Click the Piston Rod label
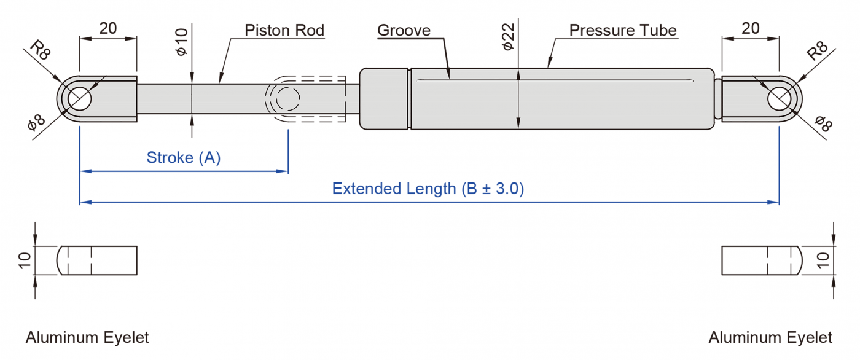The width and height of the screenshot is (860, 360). coord(284,30)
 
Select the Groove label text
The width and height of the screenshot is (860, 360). coord(404,30)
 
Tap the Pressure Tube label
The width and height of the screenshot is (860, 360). coord(622,30)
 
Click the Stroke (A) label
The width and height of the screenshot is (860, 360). coord(183,158)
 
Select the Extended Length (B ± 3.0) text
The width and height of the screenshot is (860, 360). coord(428,189)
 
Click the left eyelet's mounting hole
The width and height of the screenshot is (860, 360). coord(79,99)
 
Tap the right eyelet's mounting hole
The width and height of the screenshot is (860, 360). coord(779,98)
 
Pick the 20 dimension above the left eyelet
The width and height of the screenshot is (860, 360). coord(107,28)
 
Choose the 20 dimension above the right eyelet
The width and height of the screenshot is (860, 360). coord(750,28)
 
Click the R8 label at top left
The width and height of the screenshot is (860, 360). coord(41,51)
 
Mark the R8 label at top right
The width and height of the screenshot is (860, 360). coord(818,50)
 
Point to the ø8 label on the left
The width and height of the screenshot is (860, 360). coord(36,123)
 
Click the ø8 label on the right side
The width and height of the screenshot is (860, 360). coord(823,123)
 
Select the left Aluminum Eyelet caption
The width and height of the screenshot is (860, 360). coord(87,337)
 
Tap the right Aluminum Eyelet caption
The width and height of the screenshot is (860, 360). coord(770,337)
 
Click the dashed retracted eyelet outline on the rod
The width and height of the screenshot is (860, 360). coord(284,98)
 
